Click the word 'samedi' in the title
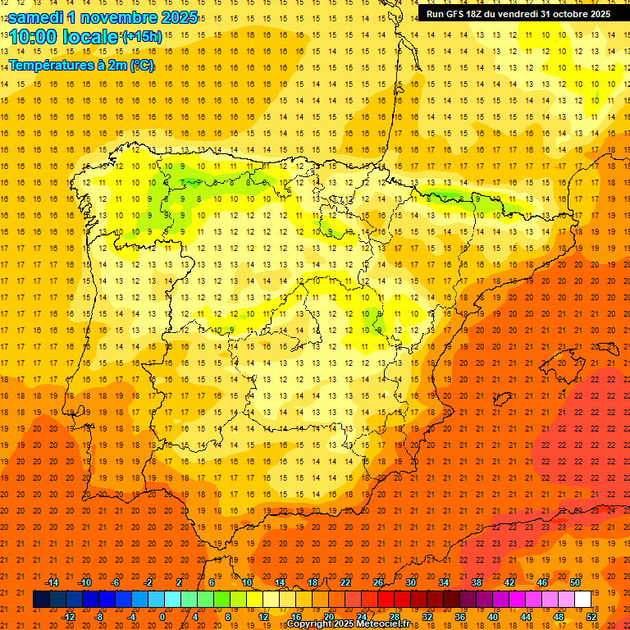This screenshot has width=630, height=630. tap(36, 17)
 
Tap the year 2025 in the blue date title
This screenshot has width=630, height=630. tap(174, 17)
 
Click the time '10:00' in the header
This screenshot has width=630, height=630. tap(34, 37)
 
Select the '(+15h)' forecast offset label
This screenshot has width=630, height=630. tap(141, 37)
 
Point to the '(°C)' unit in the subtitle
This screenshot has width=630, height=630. tap(141, 65)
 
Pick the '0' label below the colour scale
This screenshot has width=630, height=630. tap(162, 617)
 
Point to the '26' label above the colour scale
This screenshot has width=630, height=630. tap(378, 582)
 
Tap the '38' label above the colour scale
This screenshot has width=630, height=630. tap(477, 582)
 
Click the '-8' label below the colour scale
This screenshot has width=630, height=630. tap(98, 617)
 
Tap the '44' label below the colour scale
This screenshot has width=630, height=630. tap(526, 617)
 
